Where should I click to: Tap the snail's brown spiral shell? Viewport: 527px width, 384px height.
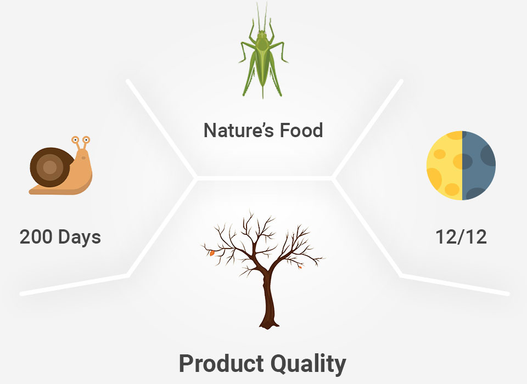(51, 167)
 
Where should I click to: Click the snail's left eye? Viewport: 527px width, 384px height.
(75, 139)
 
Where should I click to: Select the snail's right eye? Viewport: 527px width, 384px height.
(86, 139)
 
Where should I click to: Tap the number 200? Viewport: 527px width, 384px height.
(36, 237)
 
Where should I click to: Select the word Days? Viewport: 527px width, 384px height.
(79, 238)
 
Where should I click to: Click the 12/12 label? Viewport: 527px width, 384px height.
(461, 237)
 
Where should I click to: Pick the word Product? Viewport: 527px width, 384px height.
(221, 363)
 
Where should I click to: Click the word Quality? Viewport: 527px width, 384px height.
(309, 364)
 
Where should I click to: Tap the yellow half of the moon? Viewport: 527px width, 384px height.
(444, 165)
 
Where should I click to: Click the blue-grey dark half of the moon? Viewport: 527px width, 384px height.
(479, 165)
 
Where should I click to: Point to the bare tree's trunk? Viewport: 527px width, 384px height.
(268, 299)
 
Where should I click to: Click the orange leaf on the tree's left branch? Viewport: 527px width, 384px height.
(212, 253)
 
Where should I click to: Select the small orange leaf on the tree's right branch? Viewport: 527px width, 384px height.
(300, 267)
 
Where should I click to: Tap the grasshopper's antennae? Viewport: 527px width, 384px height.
(262, 17)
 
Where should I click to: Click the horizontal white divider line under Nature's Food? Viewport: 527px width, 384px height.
(264, 178)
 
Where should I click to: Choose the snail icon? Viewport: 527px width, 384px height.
(60, 165)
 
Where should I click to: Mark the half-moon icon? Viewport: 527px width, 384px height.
(461, 165)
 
